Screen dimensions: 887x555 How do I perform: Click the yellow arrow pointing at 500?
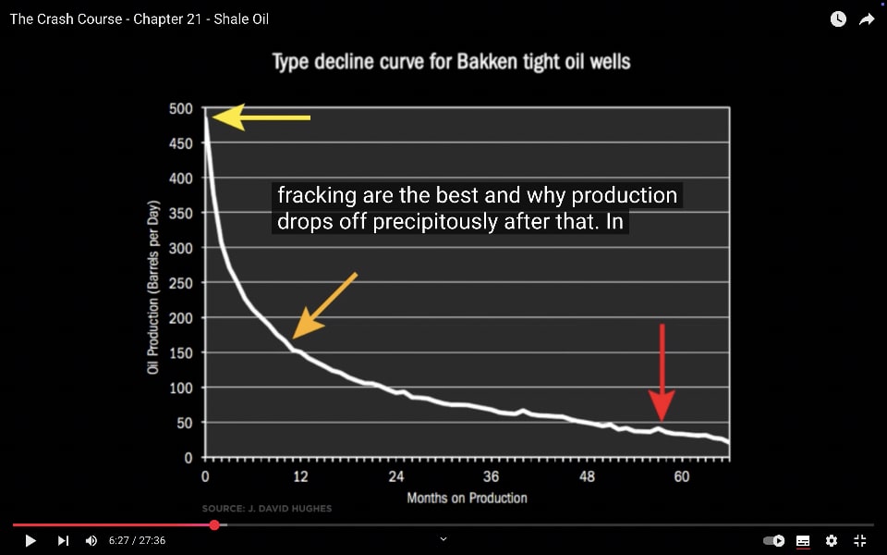[x=261, y=117]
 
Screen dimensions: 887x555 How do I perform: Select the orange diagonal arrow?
[x=324, y=305]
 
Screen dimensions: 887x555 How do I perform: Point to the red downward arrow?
[x=662, y=373]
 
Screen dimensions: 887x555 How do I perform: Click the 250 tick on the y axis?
[x=181, y=283]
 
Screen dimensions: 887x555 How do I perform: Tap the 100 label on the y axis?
[x=181, y=388]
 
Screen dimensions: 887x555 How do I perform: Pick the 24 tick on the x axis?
[x=396, y=476]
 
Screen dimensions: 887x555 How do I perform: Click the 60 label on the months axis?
[x=682, y=476]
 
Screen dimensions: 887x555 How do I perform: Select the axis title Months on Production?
[x=467, y=498]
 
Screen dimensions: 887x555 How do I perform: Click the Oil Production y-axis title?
[x=153, y=287]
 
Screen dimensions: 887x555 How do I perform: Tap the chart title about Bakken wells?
[x=452, y=61]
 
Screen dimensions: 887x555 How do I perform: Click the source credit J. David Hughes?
[x=267, y=509]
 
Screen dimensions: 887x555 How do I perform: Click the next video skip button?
[x=63, y=541]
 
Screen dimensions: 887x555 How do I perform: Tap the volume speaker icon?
[x=91, y=541]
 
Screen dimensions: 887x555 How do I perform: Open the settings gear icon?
[x=831, y=541]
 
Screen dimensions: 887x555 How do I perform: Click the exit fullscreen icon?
[x=860, y=541]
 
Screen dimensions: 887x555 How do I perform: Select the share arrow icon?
[x=867, y=19]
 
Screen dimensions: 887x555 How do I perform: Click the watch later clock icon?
[x=838, y=19]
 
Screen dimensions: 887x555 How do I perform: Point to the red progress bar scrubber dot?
[x=213, y=525]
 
